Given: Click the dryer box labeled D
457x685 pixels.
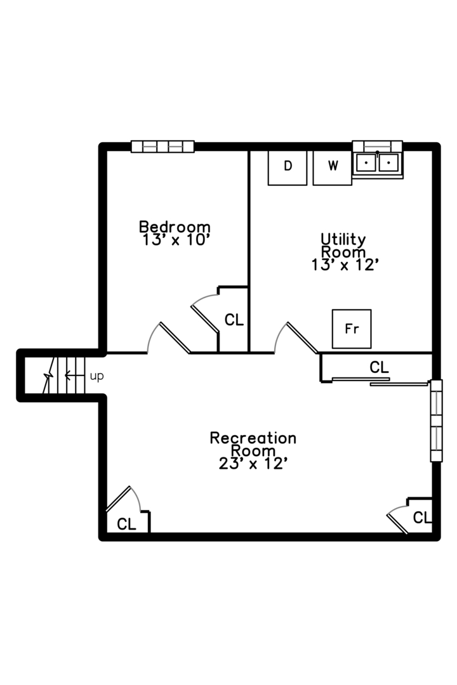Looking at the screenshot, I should [x=288, y=167].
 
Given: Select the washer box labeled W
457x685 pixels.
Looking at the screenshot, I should [x=332, y=167].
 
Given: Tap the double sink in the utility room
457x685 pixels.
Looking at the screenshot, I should [x=377, y=162].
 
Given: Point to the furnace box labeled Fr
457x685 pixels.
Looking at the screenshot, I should [x=352, y=329].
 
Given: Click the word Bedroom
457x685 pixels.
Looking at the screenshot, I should [x=175, y=226].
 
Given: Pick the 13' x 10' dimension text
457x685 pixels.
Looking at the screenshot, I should [x=175, y=240].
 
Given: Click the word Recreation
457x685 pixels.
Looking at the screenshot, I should [x=253, y=438].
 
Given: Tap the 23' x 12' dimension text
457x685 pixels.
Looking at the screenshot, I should [x=253, y=464].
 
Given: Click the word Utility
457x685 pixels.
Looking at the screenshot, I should [x=343, y=239].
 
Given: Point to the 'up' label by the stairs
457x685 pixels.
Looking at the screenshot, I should [x=96, y=376].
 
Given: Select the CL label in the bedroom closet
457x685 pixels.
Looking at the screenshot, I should [x=234, y=320].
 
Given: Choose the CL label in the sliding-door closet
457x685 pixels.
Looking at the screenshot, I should [x=379, y=367].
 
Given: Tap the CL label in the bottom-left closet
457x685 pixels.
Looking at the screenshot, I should [x=127, y=524].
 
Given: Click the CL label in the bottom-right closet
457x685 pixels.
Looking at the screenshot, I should [x=421, y=518].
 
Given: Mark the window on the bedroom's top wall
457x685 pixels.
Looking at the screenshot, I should [x=162, y=147].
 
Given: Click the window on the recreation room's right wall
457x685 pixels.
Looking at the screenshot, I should [x=436, y=421].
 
